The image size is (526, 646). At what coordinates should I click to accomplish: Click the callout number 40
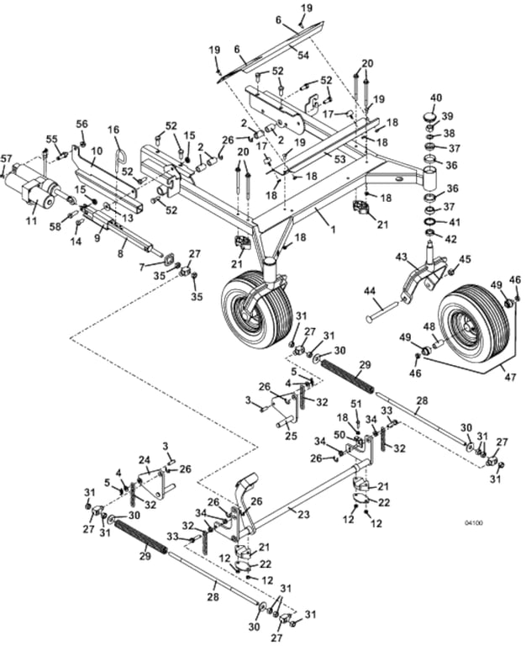coord(436,98)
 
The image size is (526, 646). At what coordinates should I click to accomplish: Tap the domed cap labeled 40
coord(430,117)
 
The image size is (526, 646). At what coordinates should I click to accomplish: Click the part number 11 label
coord(31,220)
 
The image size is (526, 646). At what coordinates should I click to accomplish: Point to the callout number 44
coord(370,292)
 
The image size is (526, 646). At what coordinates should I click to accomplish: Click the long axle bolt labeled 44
coord(382,311)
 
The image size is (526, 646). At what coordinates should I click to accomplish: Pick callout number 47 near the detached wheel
coord(509,377)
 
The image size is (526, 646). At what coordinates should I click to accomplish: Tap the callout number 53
coord(340,159)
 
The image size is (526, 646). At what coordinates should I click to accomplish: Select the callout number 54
coord(303,55)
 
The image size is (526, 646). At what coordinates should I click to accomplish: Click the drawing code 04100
coord(474,523)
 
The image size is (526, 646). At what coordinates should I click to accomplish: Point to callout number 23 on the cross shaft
coord(303,514)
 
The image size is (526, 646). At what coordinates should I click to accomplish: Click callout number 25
coord(291,436)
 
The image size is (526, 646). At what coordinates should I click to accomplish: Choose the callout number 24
coord(143,459)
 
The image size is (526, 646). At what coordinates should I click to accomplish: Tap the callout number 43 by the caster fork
coord(402,258)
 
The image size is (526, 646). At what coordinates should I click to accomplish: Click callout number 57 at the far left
coord(7,158)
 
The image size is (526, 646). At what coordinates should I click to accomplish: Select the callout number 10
coord(97,151)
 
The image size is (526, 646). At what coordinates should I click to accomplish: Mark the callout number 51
coord(355,403)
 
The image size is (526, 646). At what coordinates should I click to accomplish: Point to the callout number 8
coord(120,254)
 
